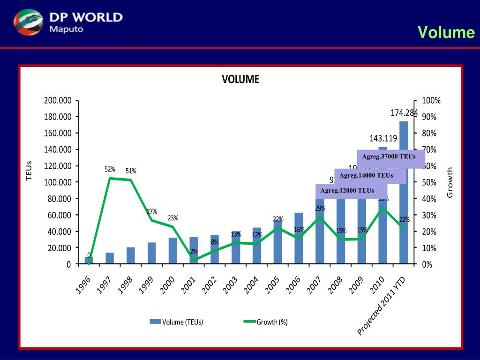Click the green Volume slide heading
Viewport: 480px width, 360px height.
point(446,32)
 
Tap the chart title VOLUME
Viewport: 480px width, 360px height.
point(240,79)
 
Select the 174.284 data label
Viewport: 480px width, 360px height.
point(404,113)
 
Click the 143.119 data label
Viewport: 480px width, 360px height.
point(383,138)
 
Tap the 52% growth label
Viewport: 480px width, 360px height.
point(110,169)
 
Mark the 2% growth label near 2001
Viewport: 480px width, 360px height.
point(194,252)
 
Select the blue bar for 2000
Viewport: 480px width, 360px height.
point(172,251)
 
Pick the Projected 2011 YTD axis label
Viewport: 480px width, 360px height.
point(382,307)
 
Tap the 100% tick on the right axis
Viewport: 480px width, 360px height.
point(431,101)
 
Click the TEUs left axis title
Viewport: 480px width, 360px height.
point(29,171)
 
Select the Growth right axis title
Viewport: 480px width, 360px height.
point(450,182)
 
